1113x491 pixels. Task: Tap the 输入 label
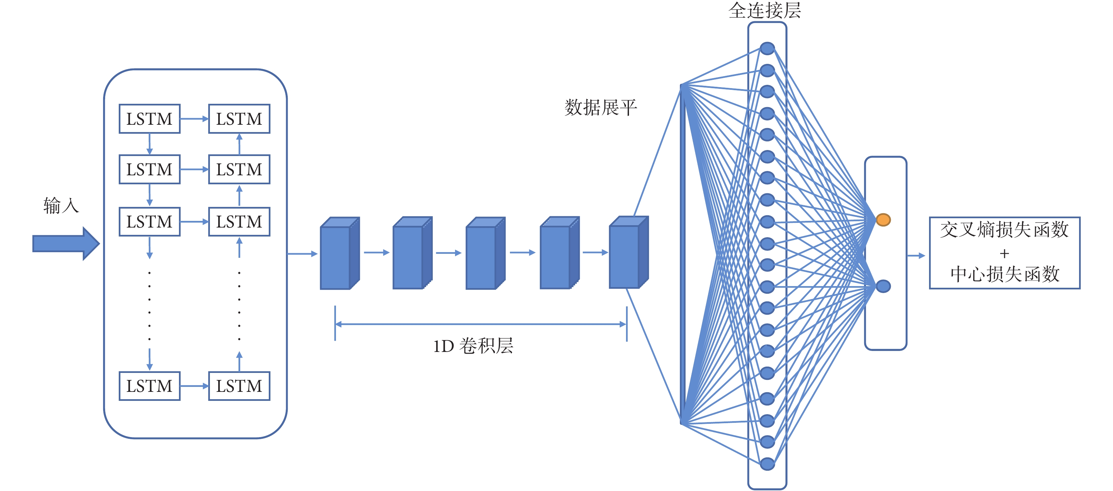(61, 205)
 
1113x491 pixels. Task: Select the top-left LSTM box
(149, 119)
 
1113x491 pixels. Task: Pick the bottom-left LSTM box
(149, 386)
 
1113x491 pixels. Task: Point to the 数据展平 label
(600, 107)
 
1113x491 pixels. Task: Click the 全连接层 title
(764, 10)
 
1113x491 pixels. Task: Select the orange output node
(883, 220)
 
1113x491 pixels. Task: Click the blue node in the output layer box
(883, 286)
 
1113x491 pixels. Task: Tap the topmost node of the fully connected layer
(767, 49)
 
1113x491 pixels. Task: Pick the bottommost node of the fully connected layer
(767, 464)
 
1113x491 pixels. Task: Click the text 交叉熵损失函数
(1004, 230)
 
